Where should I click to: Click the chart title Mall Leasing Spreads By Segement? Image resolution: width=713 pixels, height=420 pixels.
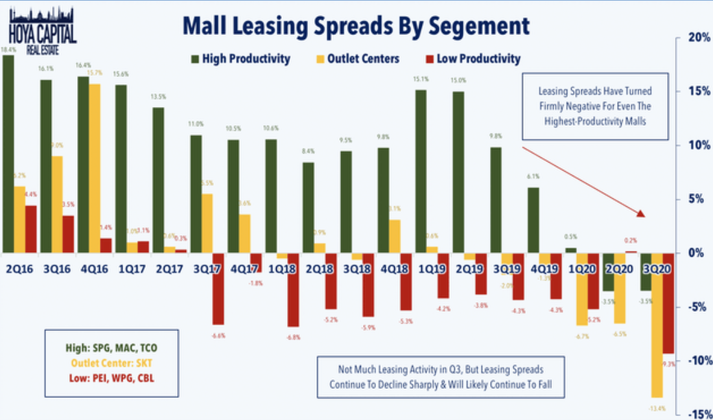[356, 25]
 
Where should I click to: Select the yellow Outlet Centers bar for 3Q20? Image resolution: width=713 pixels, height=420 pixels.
[657, 325]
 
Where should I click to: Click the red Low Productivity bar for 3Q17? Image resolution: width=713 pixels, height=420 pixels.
[217, 288]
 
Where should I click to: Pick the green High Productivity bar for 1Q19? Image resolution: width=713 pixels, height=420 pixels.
[421, 171]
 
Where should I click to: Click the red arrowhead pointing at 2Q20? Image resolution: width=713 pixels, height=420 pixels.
[640, 213]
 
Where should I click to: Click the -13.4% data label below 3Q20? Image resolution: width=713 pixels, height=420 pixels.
[657, 407]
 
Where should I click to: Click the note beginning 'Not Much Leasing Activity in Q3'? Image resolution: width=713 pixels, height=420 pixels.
[441, 376]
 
